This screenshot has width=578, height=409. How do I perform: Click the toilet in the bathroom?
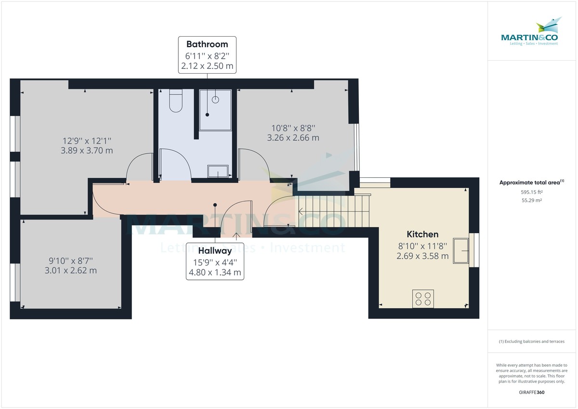point(175,101)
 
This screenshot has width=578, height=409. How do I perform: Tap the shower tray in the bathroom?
point(215,110)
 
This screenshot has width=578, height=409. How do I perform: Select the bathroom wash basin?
point(218,171)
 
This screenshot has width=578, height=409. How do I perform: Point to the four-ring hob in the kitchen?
point(423,299)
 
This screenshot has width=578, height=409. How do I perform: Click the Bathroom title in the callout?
point(207,44)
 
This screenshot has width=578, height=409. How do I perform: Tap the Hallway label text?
point(215,251)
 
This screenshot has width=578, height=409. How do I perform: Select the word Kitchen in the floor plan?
point(422,234)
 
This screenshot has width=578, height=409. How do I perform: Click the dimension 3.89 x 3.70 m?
point(88,150)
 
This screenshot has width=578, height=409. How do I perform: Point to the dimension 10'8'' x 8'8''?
point(293,128)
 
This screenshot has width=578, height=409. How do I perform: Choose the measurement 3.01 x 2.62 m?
point(71,270)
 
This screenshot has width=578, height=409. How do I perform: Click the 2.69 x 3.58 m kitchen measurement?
point(422,256)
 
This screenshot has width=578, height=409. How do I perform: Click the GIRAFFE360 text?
point(532,393)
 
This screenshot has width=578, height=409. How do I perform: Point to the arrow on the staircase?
point(301,211)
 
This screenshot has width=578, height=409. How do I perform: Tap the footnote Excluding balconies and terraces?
point(531,342)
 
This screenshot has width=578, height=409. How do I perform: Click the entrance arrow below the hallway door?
point(236,236)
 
